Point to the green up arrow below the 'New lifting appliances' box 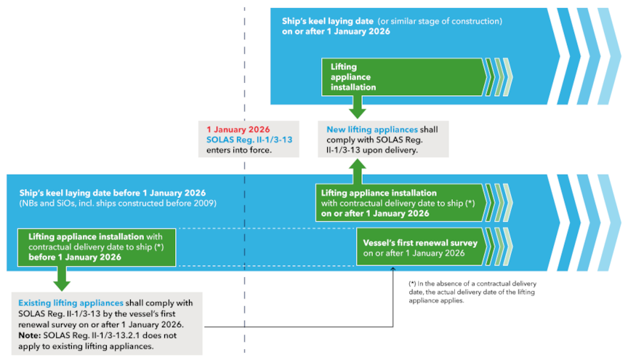357,171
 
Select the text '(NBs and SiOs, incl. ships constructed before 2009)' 118,204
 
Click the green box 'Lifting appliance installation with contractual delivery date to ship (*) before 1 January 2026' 100,247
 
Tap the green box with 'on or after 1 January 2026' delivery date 398,203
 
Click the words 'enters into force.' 237,150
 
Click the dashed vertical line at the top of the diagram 244,44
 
